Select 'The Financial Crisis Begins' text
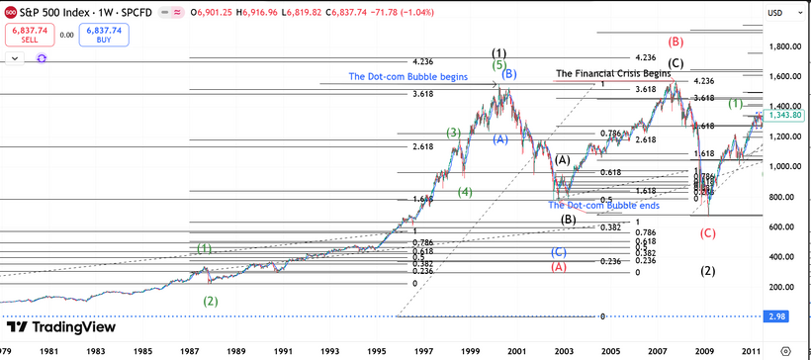click(614, 73)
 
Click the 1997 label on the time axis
click(424, 350)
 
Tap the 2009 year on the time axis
click(703, 350)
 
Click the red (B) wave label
click(676, 42)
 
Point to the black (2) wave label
click(707, 271)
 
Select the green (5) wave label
click(499, 64)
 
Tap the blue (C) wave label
click(559, 252)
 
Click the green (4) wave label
click(465, 192)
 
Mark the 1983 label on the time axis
click(96, 350)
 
